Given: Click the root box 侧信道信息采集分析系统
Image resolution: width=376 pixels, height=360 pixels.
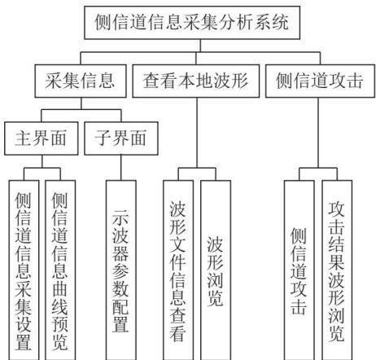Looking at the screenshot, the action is [192, 23].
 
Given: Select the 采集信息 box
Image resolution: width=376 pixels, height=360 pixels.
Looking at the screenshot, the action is [81, 81].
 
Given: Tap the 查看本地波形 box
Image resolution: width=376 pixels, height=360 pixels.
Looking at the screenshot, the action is [196, 81].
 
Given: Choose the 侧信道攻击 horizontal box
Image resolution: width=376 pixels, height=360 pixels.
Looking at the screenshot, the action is [320, 81].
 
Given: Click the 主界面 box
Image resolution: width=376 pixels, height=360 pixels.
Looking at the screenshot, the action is [42, 138].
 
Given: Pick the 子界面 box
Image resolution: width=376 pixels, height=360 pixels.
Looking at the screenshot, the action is [121, 138].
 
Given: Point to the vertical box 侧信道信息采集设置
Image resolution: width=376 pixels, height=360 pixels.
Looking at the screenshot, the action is [24, 270].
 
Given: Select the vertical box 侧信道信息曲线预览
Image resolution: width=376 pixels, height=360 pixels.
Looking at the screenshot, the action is [60, 270].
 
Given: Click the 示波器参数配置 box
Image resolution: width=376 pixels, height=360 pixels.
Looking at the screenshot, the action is [121, 270].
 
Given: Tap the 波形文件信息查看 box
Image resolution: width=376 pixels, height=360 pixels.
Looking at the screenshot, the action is [178, 270].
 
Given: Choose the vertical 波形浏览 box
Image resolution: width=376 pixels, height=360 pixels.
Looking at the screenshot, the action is [216, 270].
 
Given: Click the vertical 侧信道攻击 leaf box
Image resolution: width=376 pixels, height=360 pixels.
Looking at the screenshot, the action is [299, 270].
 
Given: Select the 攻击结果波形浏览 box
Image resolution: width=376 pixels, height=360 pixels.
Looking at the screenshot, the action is [337, 270].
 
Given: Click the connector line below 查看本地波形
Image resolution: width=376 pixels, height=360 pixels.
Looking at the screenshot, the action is [197, 133].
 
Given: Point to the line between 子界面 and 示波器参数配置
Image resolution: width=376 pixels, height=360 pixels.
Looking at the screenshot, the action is [121, 168].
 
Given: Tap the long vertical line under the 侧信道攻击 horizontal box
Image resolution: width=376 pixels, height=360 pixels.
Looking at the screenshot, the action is [318, 133].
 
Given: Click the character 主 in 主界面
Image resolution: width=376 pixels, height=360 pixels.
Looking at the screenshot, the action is [23, 138].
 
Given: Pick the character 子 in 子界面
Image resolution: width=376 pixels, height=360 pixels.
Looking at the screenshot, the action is [103, 138].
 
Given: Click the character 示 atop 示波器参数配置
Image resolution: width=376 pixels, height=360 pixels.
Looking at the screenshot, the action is [120, 217].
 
